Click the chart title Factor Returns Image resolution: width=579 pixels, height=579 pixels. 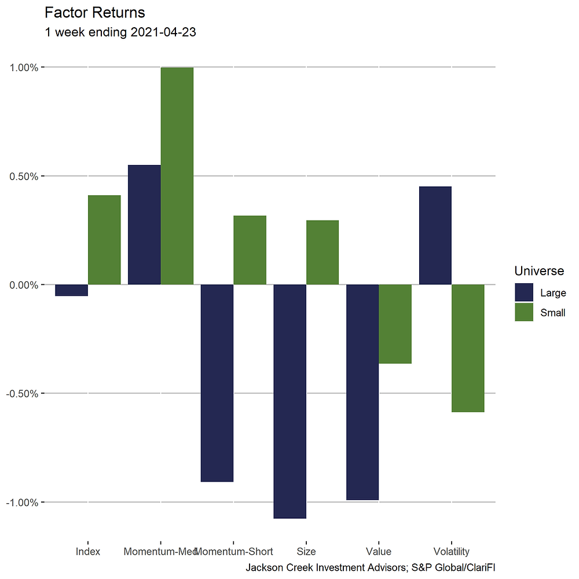95,12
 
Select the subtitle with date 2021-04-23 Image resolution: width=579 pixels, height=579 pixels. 120,32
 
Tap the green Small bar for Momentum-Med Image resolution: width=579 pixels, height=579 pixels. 177,176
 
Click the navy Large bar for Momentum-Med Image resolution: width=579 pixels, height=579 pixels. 144,225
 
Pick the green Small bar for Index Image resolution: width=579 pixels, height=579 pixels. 104,240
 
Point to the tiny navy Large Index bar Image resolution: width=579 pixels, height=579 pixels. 71,290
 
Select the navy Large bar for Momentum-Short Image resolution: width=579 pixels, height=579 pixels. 217,383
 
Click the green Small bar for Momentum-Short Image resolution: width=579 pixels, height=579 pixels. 250,250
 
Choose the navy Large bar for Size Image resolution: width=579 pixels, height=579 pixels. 289,401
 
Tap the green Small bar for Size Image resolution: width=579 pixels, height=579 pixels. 323,252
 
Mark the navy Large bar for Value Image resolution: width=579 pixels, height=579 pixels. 362,392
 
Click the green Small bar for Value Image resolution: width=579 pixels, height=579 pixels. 395,324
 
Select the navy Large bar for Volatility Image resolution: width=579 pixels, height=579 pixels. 435,236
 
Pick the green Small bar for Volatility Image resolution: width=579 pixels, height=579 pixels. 468,348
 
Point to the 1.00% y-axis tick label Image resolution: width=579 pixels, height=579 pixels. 23,67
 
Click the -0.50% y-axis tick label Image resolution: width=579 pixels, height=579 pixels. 22,394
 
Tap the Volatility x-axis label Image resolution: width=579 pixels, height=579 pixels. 451,551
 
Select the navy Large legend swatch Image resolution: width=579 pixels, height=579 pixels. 524,292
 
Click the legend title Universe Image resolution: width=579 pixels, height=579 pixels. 539,271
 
